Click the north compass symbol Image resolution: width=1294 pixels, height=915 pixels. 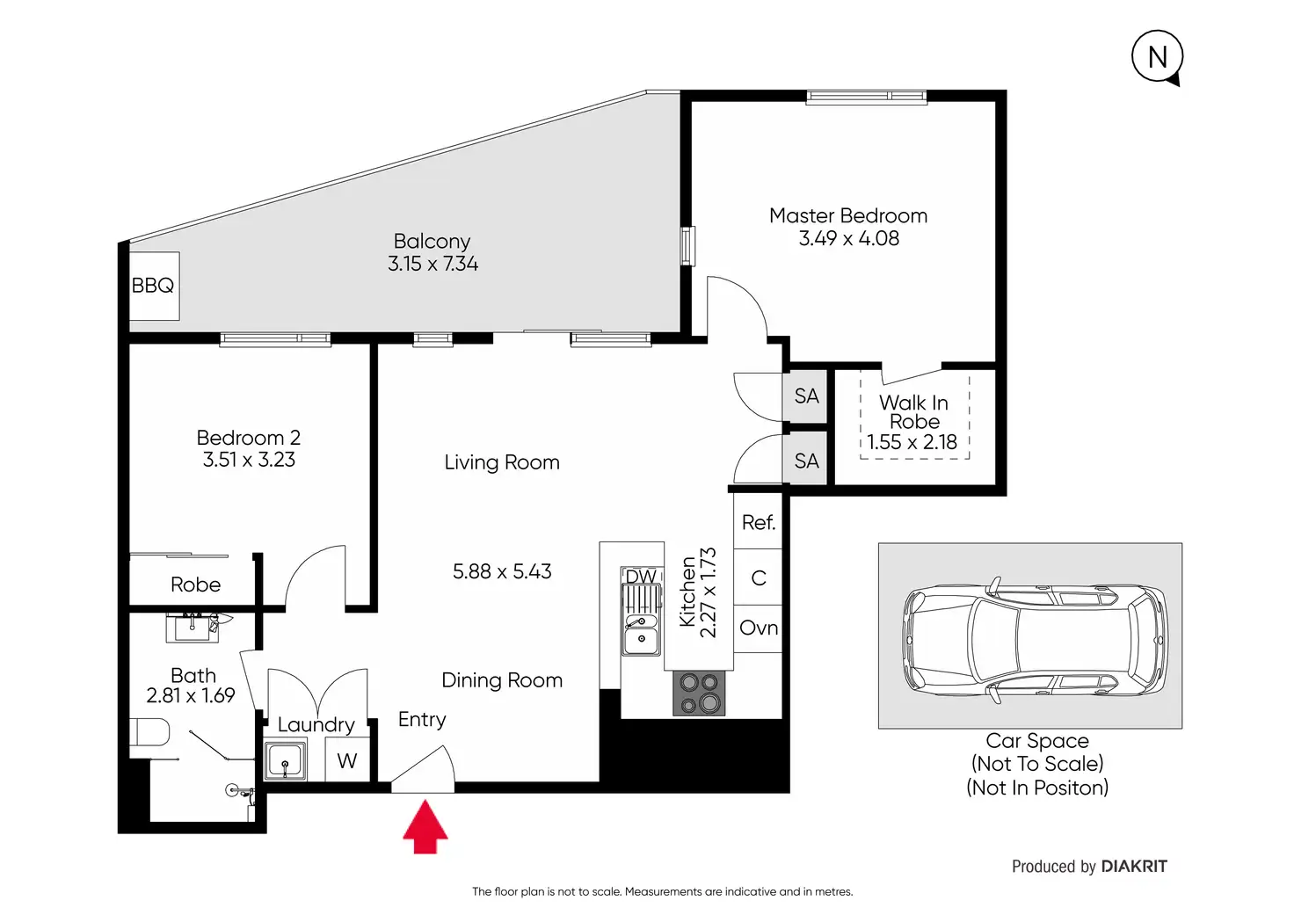(x=1157, y=56)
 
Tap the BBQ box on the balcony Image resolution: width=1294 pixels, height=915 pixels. (x=154, y=286)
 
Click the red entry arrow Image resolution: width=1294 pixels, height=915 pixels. (x=425, y=826)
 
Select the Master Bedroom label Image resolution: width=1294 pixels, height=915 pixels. (x=848, y=215)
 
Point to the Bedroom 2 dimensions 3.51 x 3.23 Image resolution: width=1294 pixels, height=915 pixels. (x=249, y=460)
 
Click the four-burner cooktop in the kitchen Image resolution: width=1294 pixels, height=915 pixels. (x=698, y=694)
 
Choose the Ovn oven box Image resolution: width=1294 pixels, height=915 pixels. (x=758, y=628)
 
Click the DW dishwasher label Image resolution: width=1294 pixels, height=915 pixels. (x=641, y=576)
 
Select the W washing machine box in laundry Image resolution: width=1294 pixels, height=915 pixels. (x=347, y=760)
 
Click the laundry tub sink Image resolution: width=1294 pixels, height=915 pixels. (x=286, y=761)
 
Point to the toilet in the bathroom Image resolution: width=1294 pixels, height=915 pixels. (x=149, y=732)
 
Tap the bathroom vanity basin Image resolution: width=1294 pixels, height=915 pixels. (x=193, y=628)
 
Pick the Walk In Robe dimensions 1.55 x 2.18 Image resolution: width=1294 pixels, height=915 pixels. (x=912, y=442)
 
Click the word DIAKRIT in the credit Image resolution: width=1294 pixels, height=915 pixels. (x=1134, y=867)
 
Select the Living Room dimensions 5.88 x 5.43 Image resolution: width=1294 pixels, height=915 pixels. (x=502, y=571)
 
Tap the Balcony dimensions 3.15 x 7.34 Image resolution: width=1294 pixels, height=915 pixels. (x=433, y=264)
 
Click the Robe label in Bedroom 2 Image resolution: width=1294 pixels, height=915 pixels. (x=195, y=585)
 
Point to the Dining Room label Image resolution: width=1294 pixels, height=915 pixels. (x=502, y=680)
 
